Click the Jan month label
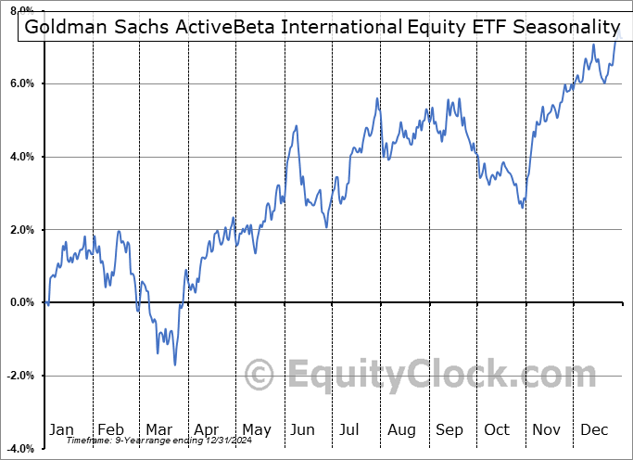point(61,429)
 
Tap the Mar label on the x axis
point(158,429)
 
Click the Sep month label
point(449,429)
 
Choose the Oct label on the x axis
point(498,429)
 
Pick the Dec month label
point(595,429)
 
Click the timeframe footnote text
point(144,441)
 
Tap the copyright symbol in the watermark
point(260,376)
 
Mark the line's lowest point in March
point(174,364)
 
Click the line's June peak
point(297,126)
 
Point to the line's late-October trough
point(522,207)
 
